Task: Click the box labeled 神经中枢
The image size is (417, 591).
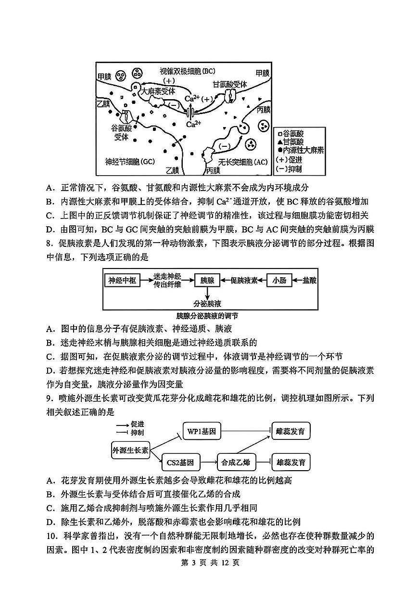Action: (122, 280)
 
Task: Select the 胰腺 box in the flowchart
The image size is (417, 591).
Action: (207, 280)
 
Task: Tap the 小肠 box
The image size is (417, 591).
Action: (279, 280)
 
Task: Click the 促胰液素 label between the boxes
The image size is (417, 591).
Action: (244, 280)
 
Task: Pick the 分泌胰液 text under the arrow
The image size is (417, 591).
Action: (207, 304)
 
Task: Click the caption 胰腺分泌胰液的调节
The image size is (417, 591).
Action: (207, 316)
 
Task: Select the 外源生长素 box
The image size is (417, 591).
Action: (130, 450)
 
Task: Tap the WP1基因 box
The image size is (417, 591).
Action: (202, 431)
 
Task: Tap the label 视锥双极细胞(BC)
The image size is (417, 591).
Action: (188, 72)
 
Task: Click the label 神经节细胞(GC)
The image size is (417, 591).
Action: (129, 161)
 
